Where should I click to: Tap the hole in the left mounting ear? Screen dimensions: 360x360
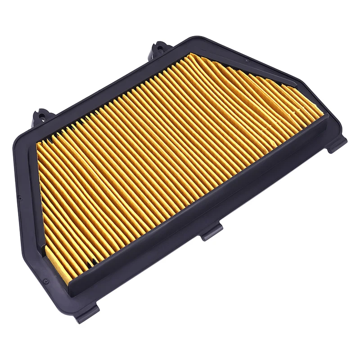41,112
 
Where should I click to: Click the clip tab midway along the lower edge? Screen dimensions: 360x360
212,231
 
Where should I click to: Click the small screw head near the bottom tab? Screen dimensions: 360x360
45,281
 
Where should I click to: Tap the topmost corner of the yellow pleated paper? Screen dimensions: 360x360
191,54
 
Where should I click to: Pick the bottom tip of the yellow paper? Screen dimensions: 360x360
67,283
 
